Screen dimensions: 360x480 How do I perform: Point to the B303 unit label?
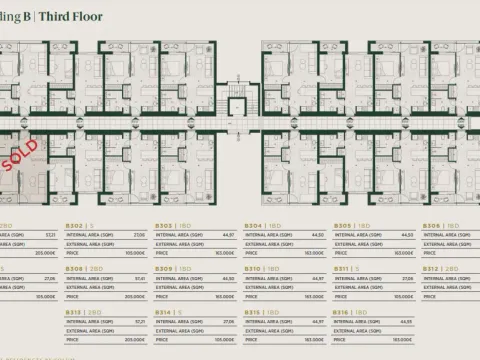pos(164,226)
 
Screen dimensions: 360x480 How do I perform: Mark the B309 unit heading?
pos(164,269)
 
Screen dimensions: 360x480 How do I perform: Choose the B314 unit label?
pos(164,312)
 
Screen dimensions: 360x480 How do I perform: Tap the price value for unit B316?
pos(404,340)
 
